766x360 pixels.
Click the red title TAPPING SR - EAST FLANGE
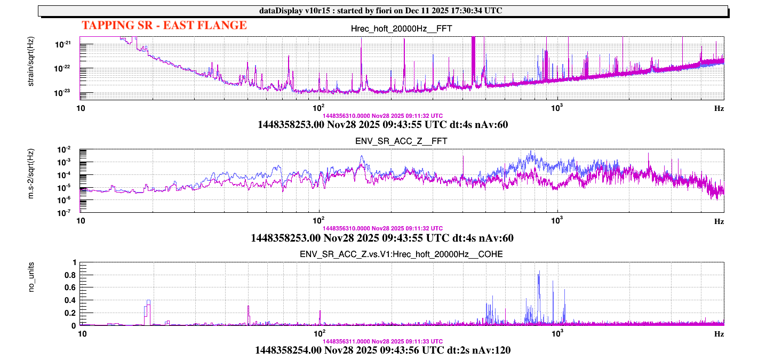[x=164, y=25]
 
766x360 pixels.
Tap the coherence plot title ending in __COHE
[x=402, y=254]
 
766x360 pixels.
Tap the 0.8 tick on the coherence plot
[x=70, y=275]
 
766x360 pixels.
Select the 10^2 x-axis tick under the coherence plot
[x=319, y=333]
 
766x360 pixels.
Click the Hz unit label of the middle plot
[x=719, y=221]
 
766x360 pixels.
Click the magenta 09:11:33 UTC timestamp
[x=382, y=341]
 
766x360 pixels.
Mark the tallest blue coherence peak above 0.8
[x=539, y=273]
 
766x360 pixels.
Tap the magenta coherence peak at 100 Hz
[x=320, y=311]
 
